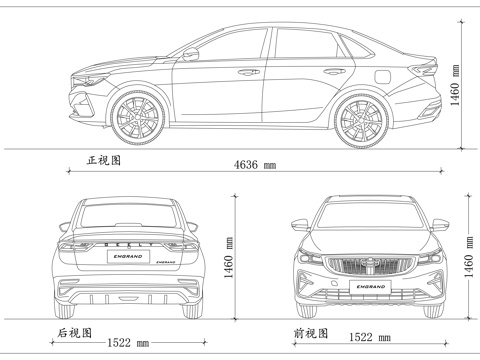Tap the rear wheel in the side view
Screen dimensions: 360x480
pos(361,117)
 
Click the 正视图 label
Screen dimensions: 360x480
pos(104,160)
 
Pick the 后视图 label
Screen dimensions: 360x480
pos(75,332)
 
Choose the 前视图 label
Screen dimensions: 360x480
pos(308,332)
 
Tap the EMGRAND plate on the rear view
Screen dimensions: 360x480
pos(129,257)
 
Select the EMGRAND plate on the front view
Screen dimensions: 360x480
pos(369,291)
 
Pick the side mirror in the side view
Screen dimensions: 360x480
pos(190,55)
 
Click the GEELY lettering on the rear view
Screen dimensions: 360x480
pos(129,243)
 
